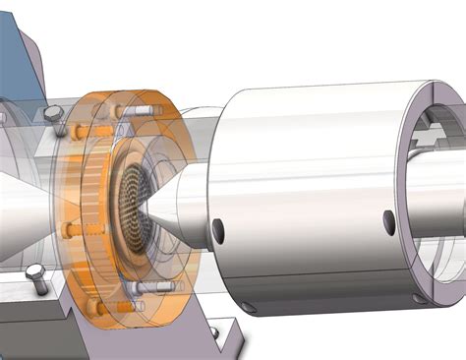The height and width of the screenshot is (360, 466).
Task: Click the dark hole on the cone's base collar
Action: pos(217,231)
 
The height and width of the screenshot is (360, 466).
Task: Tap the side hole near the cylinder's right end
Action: pos(389,218)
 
